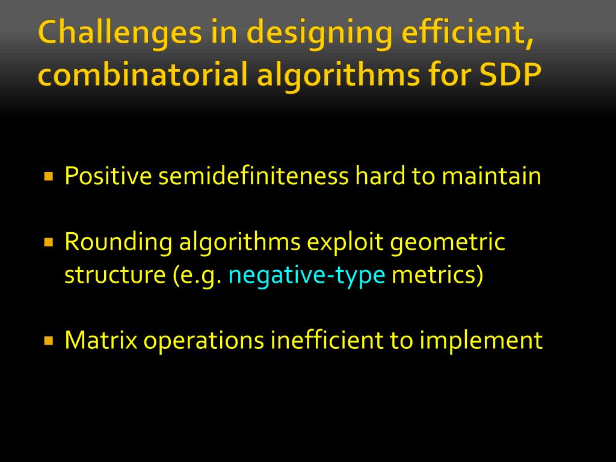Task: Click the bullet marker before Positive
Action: point(49,177)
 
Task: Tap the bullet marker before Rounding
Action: point(49,243)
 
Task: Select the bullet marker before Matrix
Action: point(49,340)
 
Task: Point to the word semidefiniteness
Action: point(253,176)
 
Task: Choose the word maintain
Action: point(491,176)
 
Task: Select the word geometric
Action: point(448,242)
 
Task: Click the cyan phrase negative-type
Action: point(307,275)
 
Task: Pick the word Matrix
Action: point(100,340)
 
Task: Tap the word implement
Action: point(481,340)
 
